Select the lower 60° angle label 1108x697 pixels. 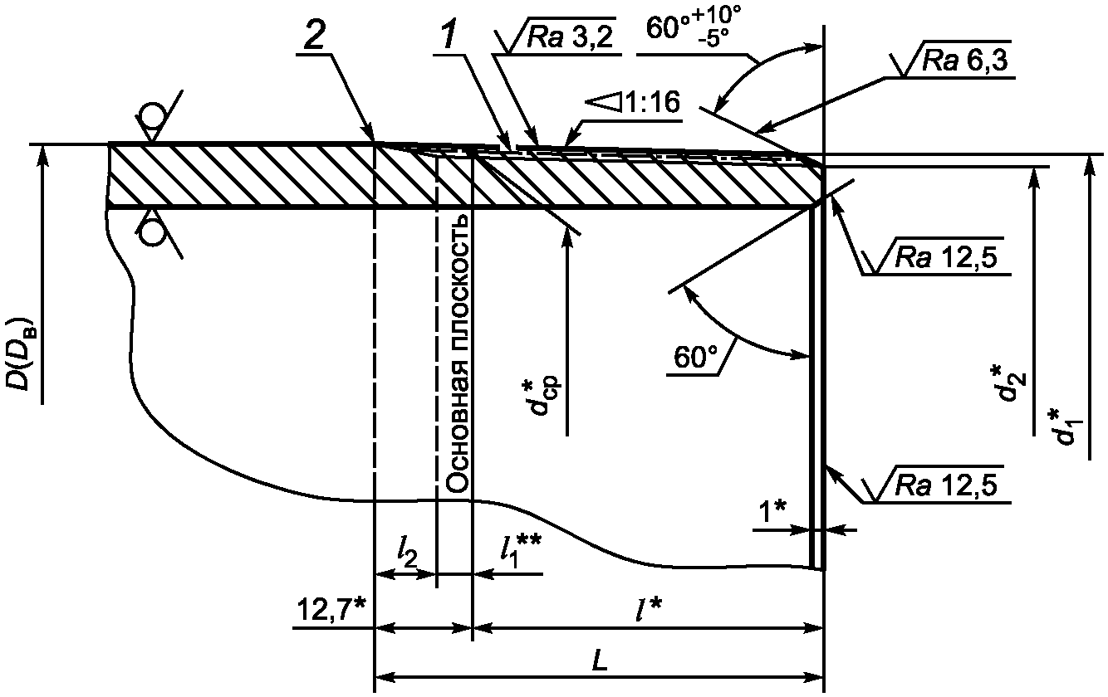pyautogui.click(x=694, y=358)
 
